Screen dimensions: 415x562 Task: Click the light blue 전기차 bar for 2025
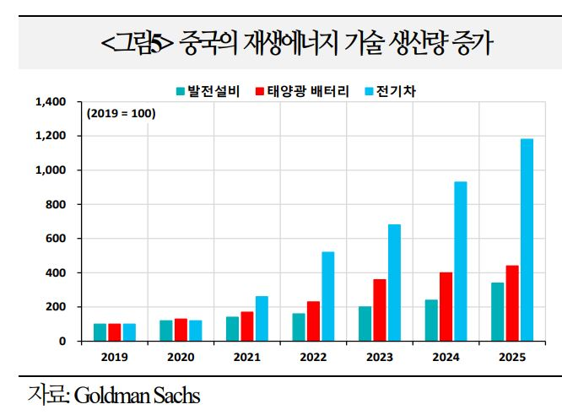point(527,240)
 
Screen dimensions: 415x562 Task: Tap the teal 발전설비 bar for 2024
point(431,321)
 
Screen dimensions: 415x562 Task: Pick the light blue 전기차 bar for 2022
point(328,296)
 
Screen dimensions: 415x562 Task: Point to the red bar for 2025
point(512,303)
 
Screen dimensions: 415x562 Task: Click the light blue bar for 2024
point(460,261)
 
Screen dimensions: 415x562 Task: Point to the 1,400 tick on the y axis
point(51,102)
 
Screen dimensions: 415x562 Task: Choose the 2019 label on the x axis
point(115,357)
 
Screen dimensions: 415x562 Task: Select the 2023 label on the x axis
point(380,357)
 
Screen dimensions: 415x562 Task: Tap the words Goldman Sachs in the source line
point(138,395)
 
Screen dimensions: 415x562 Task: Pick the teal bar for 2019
point(100,332)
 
